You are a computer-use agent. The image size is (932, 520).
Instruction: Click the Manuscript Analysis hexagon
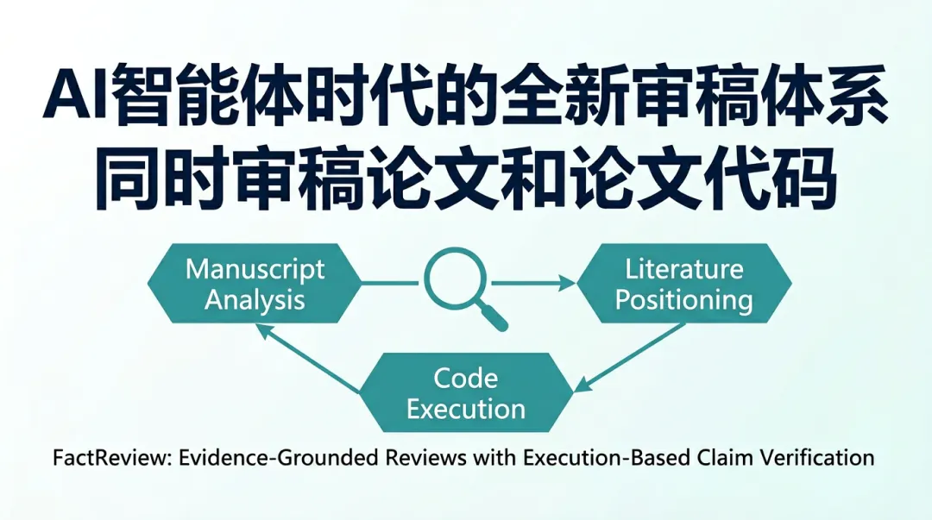(255, 283)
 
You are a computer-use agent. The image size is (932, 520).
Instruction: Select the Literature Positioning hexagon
(683, 283)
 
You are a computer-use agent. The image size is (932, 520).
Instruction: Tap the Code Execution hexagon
(466, 392)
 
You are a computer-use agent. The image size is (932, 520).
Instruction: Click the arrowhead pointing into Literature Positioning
(567, 283)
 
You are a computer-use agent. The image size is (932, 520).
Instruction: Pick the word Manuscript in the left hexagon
(255, 268)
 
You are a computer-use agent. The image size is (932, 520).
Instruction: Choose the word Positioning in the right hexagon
(684, 299)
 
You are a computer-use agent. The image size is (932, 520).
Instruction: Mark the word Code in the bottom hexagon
(466, 378)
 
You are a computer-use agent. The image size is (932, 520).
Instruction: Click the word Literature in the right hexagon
(684, 268)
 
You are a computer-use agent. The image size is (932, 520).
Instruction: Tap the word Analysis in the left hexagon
(255, 299)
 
